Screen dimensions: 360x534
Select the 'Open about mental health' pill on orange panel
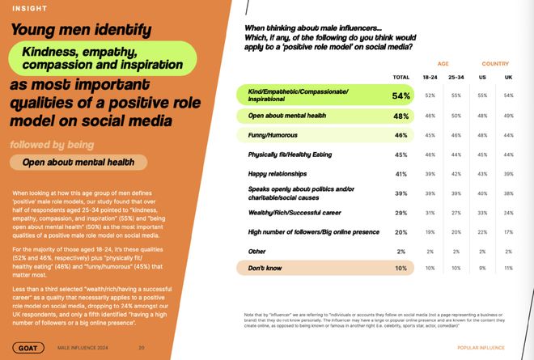(x=78, y=162)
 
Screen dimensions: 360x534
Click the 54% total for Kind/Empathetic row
(x=400, y=95)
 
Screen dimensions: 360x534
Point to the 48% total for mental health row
(x=400, y=116)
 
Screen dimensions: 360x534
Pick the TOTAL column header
(x=400, y=77)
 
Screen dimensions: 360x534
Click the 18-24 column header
(x=430, y=77)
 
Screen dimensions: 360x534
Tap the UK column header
(x=508, y=77)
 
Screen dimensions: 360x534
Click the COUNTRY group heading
(x=495, y=63)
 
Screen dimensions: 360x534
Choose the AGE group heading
(x=443, y=63)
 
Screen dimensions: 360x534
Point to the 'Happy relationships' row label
(x=279, y=174)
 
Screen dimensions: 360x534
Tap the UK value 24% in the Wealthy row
(x=508, y=213)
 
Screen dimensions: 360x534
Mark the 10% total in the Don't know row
(x=400, y=267)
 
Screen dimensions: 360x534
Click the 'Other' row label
(x=257, y=251)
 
